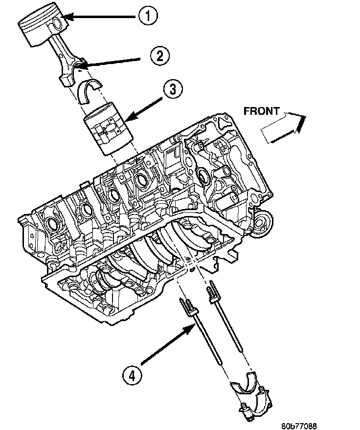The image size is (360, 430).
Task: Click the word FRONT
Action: click(x=261, y=111)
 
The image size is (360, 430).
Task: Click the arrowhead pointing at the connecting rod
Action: click(x=81, y=65)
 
